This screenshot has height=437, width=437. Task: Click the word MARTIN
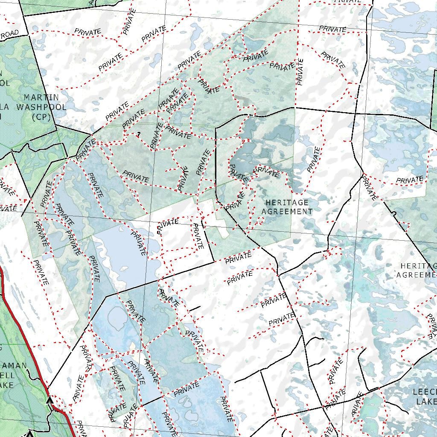(x=42, y=98)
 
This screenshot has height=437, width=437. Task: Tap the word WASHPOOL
(x=41, y=107)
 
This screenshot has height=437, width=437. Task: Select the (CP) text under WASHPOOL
(x=41, y=116)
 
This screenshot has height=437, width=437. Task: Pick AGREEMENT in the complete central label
(x=287, y=211)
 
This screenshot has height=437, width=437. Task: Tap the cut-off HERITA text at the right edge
(x=419, y=266)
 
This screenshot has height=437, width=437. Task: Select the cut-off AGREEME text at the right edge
(x=417, y=275)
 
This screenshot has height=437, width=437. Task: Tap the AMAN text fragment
(x=15, y=366)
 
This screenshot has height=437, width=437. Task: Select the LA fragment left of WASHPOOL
(x=6, y=107)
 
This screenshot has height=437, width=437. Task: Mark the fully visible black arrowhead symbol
(x=50, y=400)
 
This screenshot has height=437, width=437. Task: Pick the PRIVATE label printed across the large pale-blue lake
(x=139, y=244)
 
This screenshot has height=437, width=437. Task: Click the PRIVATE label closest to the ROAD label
(x=88, y=32)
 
